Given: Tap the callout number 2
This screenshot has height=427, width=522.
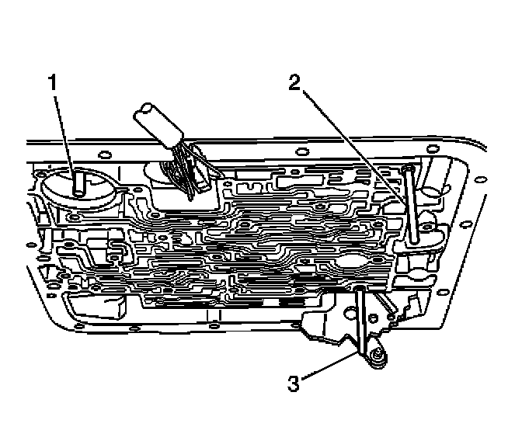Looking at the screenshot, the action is pos(294,83).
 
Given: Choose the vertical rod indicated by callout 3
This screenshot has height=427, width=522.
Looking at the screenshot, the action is pos(362,318).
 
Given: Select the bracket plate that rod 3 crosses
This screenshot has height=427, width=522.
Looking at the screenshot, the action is pos(326,326).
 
